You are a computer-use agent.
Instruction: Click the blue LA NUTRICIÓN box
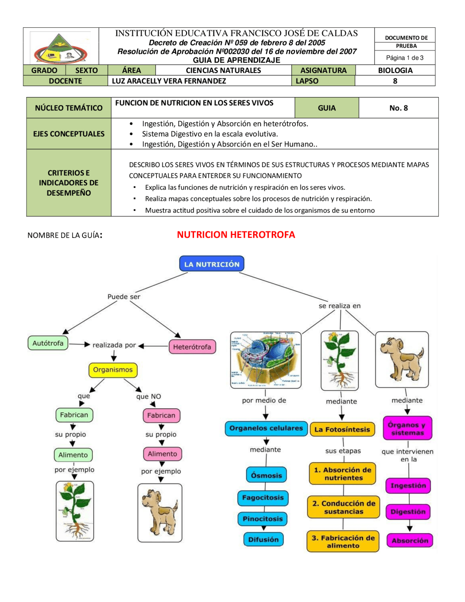pyautogui.click(x=211, y=264)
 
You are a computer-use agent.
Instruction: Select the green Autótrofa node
pyautogui.click(x=48, y=343)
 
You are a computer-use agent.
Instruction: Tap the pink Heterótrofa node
pyautogui.click(x=192, y=347)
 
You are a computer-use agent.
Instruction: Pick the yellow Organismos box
pyautogui.click(x=113, y=370)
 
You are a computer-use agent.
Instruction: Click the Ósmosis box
pyautogui.click(x=266, y=475)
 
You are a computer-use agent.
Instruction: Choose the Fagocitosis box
pyautogui.click(x=263, y=498)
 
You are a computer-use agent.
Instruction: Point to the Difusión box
pyautogui.click(x=263, y=539)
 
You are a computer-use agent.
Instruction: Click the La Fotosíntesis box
pyautogui.click(x=342, y=429)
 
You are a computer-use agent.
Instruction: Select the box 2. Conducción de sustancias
pyautogui.click(x=344, y=507)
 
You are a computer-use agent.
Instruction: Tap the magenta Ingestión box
pyautogui.click(x=408, y=486)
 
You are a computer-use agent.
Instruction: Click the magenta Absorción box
pyautogui.click(x=410, y=541)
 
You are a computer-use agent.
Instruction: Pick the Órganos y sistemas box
pyautogui.click(x=408, y=429)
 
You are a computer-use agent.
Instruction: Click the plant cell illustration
pyautogui.click(x=266, y=360)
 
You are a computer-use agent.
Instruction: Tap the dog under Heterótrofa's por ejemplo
pyautogui.click(x=160, y=513)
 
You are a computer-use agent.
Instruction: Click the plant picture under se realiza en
pyautogui.click(x=340, y=361)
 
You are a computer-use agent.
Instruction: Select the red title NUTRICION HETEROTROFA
pyautogui.click(x=236, y=235)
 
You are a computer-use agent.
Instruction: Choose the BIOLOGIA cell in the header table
pyautogui.click(x=395, y=70)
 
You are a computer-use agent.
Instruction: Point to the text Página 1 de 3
pyautogui.click(x=405, y=58)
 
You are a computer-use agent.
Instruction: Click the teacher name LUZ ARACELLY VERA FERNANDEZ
pyautogui.click(x=169, y=81)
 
